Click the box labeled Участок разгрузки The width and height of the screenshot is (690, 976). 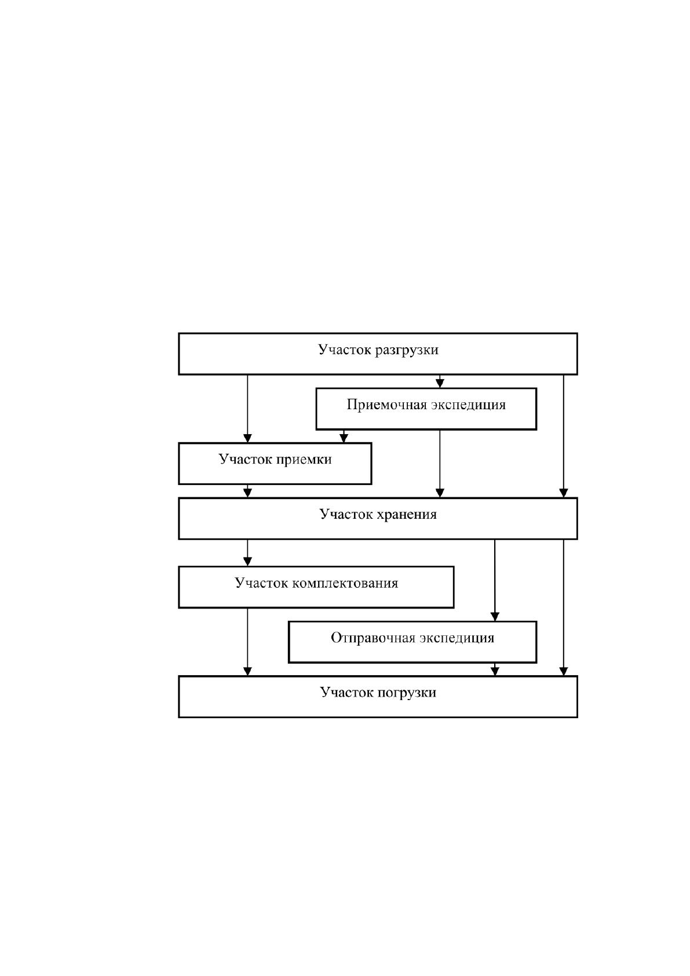tap(378, 354)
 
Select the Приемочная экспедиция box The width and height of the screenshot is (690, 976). tap(426, 409)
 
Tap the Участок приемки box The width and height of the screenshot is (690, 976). tap(275, 464)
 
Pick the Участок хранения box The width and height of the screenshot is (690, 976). tap(378, 519)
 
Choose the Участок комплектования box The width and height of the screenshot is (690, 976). tap(316, 587)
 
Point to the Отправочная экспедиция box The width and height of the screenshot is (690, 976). tap(412, 642)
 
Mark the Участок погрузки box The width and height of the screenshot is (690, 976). tap(378, 697)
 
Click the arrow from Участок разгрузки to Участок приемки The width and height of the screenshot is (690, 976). tap(247, 409)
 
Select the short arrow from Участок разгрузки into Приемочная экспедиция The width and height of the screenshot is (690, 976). tap(440, 381)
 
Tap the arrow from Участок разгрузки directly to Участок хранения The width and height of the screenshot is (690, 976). tap(564, 436)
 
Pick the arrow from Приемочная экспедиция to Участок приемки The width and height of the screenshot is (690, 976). tap(344, 436)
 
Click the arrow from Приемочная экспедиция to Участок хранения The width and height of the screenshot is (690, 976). tap(440, 464)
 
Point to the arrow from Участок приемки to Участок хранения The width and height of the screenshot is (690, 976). tap(247, 491)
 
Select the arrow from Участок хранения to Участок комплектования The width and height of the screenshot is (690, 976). tap(247, 553)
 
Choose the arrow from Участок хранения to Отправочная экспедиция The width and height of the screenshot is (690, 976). tap(495, 580)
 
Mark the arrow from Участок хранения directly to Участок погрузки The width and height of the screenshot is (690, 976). tap(564, 608)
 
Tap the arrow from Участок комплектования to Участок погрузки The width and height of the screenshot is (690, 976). tap(247, 642)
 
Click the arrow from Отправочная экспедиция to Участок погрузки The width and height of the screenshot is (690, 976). tap(495, 669)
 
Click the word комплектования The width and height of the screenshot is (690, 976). tap(345, 584)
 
